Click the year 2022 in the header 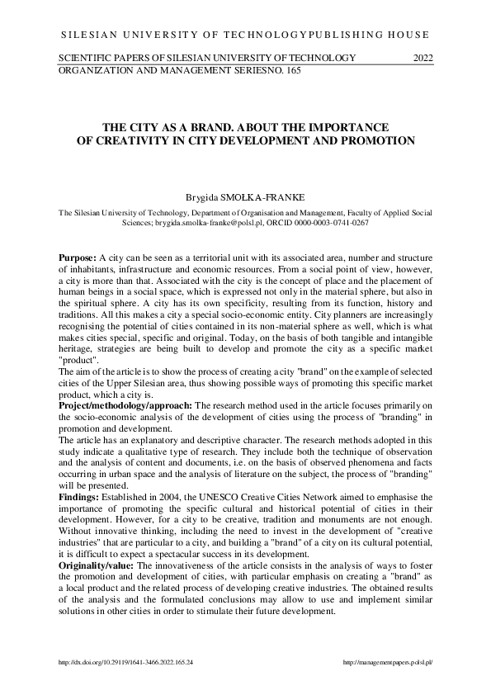pyautogui.click(x=422, y=58)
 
